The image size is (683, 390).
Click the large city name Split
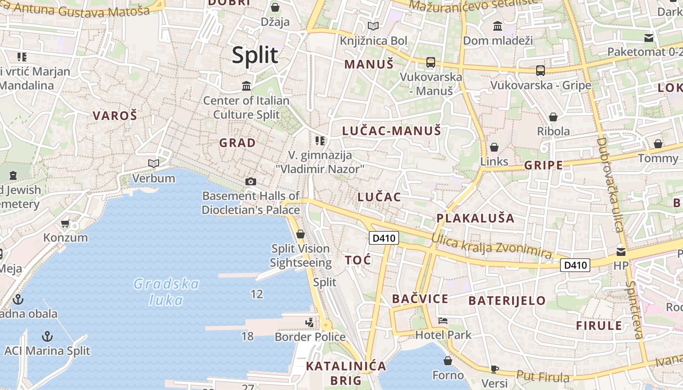pyautogui.click(x=255, y=55)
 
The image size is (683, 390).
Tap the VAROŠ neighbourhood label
pyautogui.click(x=115, y=116)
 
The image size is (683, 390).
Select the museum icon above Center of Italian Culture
pyautogui.click(x=246, y=86)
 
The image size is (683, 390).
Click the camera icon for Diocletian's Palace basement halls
pyautogui.click(x=251, y=182)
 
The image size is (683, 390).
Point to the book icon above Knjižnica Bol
pyautogui.click(x=373, y=26)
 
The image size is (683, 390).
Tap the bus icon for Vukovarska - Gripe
pyautogui.click(x=541, y=71)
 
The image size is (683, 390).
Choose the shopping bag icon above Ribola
pyautogui.click(x=553, y=117)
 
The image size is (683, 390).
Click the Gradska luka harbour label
pyautogui.click(x=166, y=292)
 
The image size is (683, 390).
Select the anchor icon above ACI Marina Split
pyautogui.click(x=47, y=336)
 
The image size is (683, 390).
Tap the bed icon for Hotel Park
pyautogui.click(x=443, y=321)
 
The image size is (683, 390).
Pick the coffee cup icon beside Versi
pyautogui.click(x=495, y=369)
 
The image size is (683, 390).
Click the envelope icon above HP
pyautogui.click(x=621, y=252)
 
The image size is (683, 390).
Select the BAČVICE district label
pyautogui.click(x=420, y=299)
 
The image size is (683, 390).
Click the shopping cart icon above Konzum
pyautogui.click(x=65, y=224)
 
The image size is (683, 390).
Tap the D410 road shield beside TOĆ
pyautogui.click(x=384, y=238)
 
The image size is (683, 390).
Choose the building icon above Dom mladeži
pyautogui.click(x=498, y=26)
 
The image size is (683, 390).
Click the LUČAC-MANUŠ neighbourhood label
pyautogui.click(x=392, y=131)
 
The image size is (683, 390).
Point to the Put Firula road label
pyautogui.click(x=542, y=376)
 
